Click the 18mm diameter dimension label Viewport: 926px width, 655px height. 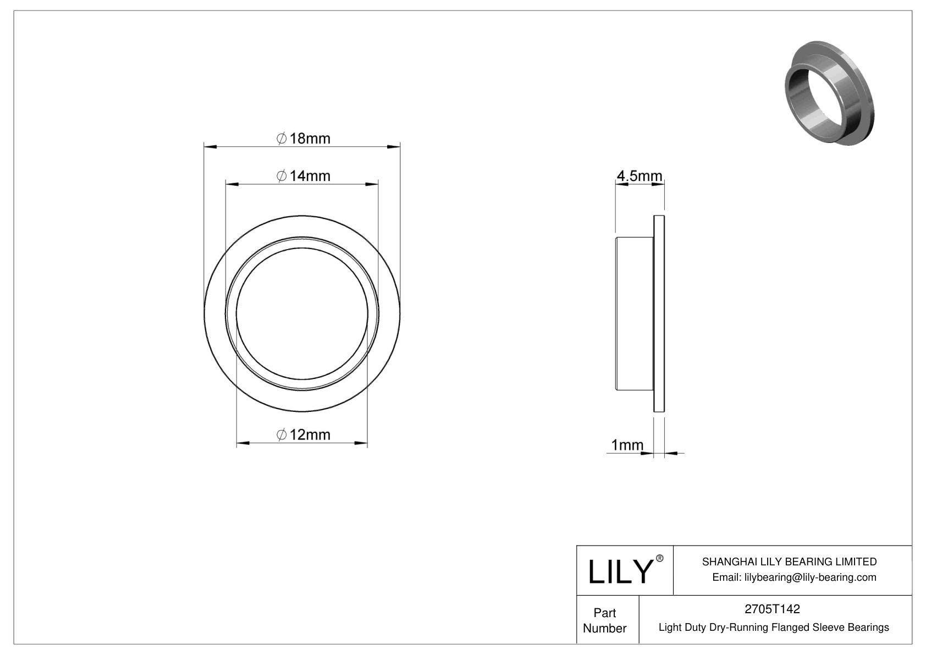pos(304,138)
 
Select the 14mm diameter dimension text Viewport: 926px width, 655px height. pos(304,176)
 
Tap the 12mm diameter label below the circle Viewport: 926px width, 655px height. pos(304,434)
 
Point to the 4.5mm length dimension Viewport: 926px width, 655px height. pos(639,176)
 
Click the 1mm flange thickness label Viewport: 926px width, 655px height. pos(627,444)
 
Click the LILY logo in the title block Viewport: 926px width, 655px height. pos(620,571)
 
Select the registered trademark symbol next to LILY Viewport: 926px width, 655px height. pos(660,558)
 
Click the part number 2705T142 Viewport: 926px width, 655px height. pos(772,609)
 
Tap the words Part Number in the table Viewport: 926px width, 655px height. pos(604,620)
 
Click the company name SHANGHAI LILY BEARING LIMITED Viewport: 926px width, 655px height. pos(789,562)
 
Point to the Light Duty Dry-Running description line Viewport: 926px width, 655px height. pos(773,627)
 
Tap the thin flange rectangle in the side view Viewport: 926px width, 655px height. pos(659,313)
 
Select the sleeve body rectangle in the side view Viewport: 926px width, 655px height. pos(634,313)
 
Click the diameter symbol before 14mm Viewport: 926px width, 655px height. pos(281,176)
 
